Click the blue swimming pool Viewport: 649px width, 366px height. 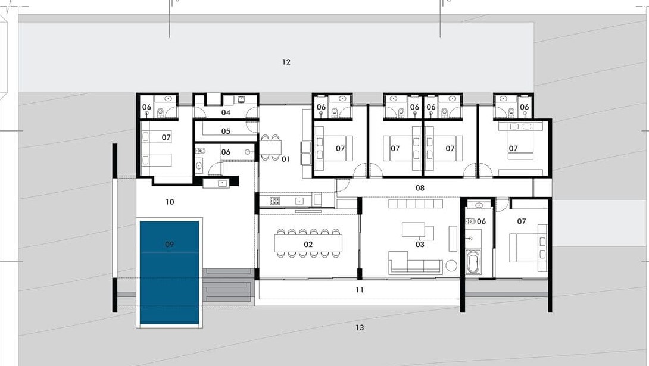coord(169,273)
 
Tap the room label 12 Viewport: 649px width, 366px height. coord(286,62)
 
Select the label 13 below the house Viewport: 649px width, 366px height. coord(359,327)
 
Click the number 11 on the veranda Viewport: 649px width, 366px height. coord(359,290)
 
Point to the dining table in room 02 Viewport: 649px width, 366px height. coord(308,243)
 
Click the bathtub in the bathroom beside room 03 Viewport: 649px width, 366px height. coord(473,262)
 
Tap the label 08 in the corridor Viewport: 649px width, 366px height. coord(420,187)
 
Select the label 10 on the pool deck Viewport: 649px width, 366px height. coord(170,202)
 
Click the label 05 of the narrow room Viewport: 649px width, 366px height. coord(226,131)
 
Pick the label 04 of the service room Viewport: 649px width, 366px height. coord(226,112)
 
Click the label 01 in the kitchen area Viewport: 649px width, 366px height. coord(286,159)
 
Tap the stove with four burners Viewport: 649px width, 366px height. coord(275,201)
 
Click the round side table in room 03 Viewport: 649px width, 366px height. coord(451,265)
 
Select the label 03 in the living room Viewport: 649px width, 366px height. coord(420,245)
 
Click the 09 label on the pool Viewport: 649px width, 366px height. coord(169,245)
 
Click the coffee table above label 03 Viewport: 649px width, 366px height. coord(413,230)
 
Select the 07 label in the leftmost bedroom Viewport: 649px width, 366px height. coord(166,137)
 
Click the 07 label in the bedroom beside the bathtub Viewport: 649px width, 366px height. coord(522,221)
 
